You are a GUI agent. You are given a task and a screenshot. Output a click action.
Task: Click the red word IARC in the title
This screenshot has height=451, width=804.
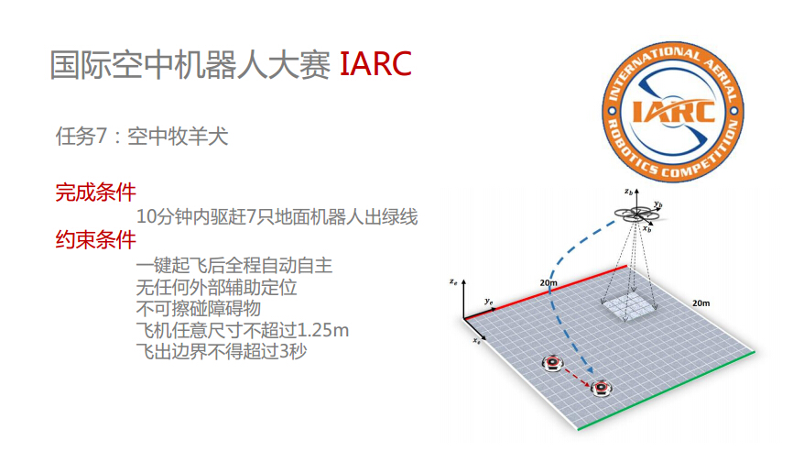375,64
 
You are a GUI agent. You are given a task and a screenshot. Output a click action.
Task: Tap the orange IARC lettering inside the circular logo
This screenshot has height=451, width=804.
673,111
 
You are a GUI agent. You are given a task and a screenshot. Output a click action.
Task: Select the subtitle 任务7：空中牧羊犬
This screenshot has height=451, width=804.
142,137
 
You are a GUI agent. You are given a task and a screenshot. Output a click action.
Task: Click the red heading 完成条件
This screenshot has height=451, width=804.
95,192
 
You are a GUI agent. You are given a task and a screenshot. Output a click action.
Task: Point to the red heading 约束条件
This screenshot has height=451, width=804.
95,239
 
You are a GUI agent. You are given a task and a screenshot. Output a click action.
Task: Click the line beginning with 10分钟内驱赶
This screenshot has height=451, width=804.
277,216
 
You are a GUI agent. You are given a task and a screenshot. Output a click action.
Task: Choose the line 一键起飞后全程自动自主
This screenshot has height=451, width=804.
234,265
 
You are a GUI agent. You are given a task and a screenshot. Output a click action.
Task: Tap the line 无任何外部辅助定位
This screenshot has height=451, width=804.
216,287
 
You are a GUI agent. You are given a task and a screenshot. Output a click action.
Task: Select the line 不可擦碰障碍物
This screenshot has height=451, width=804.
199,308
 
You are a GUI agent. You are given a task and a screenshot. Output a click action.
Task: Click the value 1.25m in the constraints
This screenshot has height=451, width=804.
323,330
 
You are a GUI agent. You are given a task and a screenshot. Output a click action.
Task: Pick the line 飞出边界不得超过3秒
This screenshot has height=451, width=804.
222,351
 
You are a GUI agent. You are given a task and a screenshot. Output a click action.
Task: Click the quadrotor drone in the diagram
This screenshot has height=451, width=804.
636,214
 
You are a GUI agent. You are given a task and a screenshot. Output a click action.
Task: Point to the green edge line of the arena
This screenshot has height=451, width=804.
666,390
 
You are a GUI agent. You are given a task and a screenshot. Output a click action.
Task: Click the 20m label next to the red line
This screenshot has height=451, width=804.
549,282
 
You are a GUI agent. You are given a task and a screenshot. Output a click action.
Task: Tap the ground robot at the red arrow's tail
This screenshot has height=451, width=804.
552,363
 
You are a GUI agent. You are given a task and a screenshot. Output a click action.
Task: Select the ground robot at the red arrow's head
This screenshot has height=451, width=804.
601,388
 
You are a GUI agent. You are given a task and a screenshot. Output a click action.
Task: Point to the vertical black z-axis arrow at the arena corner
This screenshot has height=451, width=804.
463,299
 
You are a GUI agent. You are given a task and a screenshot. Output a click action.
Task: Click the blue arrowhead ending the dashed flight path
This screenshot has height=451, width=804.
591,370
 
